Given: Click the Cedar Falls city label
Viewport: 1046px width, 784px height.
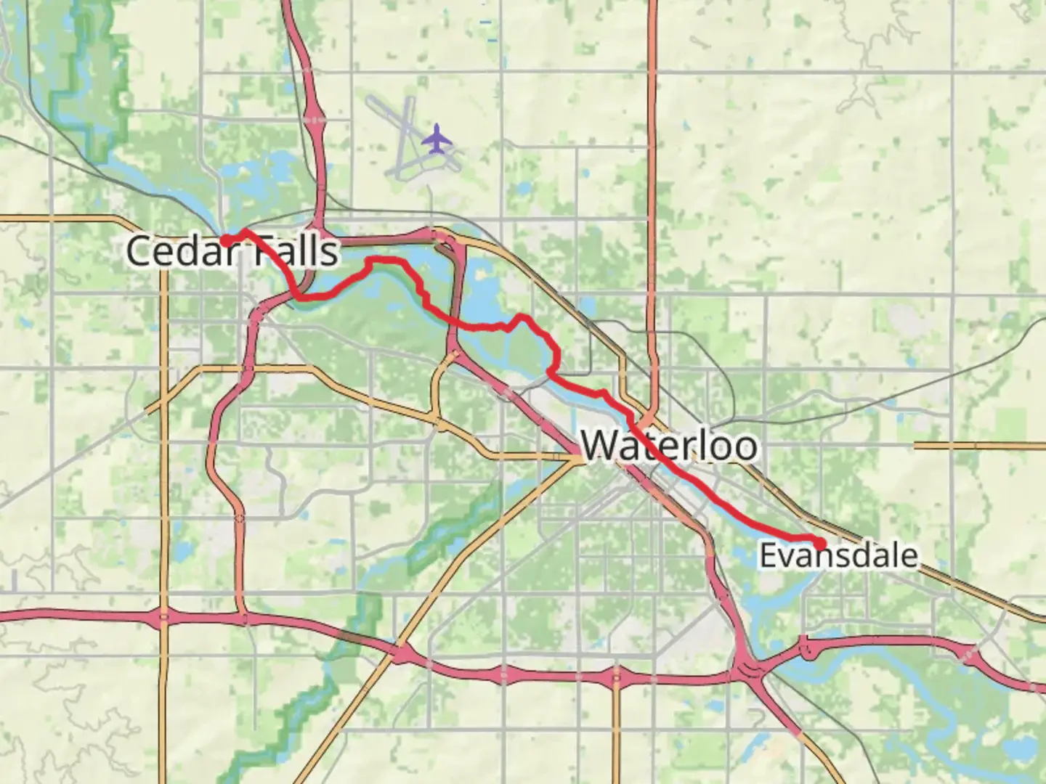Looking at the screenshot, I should pyautogui.click(x=232, y=252).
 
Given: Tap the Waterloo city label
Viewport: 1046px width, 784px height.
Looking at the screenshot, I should pyautogui.click(x=669, y=445).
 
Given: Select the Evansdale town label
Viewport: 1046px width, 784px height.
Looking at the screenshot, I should pyautogui.click(x=838, y=557).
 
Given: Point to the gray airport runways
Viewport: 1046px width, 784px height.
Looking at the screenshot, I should pyautogui.click(x=404, y=138).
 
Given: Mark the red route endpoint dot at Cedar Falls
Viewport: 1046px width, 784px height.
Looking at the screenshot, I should pyautogui.click(x=226, y=240).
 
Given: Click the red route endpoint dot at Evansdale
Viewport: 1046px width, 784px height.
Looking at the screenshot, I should pyautogui.click(x=820, y=544).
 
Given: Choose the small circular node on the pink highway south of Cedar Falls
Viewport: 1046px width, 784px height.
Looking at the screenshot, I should pyautogui.click(x=240, y=518).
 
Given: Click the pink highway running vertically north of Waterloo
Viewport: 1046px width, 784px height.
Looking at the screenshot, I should pyautogui.click(x=652, y=218).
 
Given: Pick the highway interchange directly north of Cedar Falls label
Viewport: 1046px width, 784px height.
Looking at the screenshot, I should pyautogui.click(x=316, y=116).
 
